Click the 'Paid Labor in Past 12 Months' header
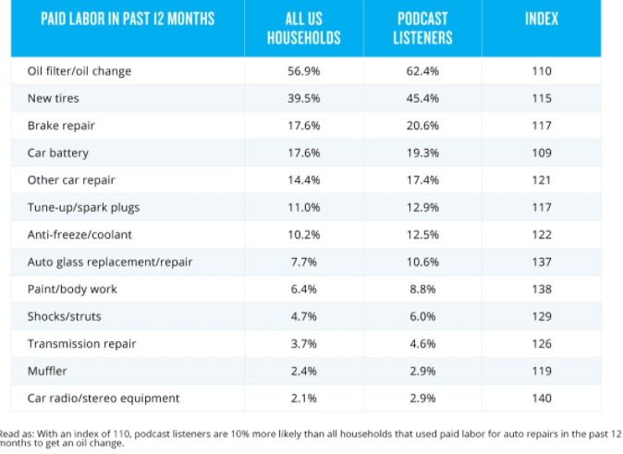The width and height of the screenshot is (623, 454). (128, 19)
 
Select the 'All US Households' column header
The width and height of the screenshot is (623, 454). (303, 29)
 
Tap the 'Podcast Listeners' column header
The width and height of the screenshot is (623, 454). (422, 29)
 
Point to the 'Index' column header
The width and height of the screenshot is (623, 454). (541, 19)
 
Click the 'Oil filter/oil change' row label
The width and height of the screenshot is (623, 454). (79, 71)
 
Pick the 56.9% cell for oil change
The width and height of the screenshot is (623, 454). (303, 71)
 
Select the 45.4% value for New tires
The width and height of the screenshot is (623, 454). (422, 98)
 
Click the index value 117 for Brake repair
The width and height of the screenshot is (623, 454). (542, 126)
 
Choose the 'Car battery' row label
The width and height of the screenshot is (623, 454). (58, 153)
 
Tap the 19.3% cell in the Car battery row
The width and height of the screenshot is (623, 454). (422, 153)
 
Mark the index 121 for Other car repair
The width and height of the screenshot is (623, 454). (542, 180)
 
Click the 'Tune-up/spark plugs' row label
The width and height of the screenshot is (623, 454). (83, 207)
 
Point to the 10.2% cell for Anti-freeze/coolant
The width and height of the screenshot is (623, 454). (303, 235)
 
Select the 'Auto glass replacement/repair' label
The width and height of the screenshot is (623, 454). (110, 262)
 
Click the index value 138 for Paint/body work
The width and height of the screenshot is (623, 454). (542, 289)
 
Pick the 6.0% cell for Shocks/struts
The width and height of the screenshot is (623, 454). (422, 316)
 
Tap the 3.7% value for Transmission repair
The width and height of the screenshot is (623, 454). (303, 344)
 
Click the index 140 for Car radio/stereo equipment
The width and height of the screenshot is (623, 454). (542, 398)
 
